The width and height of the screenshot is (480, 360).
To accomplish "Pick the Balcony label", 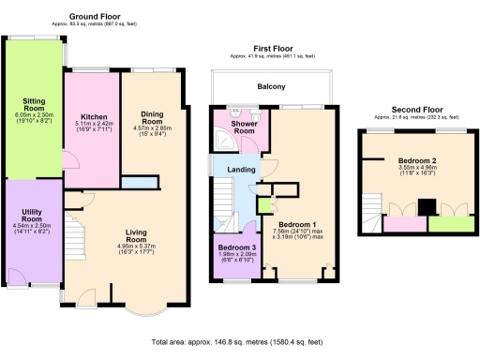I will coord(272,87).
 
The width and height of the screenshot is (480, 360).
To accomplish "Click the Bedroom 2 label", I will coord(410,161).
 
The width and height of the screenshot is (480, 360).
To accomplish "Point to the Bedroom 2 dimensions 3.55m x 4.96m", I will coord(410,173).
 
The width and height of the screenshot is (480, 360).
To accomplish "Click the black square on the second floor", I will coord(425,207).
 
